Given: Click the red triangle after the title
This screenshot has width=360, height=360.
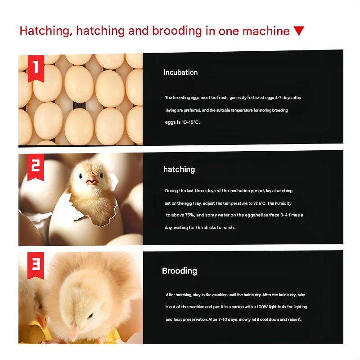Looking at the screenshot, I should (x=299, y=31).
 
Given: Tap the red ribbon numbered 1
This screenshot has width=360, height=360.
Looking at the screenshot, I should (x=36, y=68).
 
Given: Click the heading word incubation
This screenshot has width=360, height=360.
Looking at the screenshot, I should (x=180, y=72).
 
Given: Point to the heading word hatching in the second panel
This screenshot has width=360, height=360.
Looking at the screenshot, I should (x=179, y=169).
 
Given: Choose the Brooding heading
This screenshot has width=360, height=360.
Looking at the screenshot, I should (x=180, y=271).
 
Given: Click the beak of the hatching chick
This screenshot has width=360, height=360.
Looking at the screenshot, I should (x=92, y=181).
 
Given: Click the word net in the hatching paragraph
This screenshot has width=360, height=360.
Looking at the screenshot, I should (x=167, y=203).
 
